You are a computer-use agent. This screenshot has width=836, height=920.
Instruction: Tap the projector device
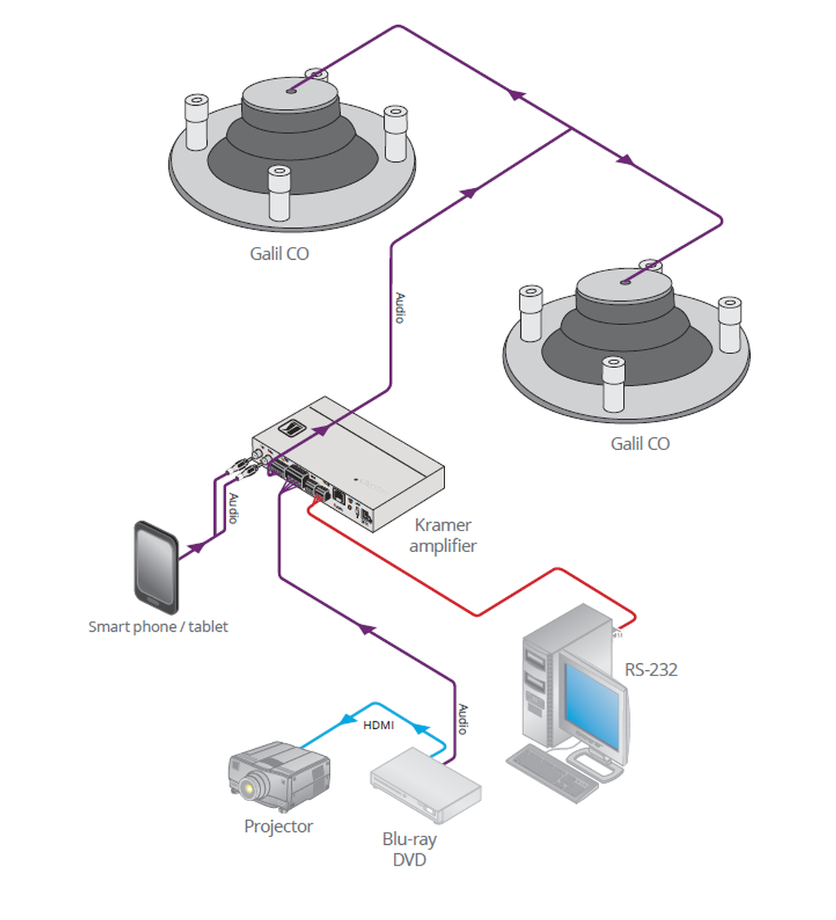(279, 776)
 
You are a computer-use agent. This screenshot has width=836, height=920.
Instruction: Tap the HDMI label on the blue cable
(379, 724)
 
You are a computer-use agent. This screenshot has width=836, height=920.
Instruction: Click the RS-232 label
(651, 670)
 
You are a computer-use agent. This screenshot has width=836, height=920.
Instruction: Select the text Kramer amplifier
(443, 535)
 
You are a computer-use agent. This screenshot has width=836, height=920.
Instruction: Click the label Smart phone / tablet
(158, 626)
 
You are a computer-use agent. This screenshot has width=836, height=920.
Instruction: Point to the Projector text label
(278, 826)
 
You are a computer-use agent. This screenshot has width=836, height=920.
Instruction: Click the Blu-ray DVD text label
(409, 849)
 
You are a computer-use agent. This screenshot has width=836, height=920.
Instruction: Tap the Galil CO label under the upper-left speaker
(279, 254)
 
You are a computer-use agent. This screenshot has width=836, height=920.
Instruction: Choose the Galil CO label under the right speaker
(640, 444)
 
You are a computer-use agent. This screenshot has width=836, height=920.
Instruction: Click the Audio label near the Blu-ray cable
(462, 719)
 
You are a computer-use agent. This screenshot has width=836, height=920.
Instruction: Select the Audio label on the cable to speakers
(399, 307)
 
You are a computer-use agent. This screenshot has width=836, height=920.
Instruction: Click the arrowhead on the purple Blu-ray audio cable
(367, 629)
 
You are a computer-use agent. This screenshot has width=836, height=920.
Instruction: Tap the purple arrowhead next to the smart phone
(197, 547)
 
